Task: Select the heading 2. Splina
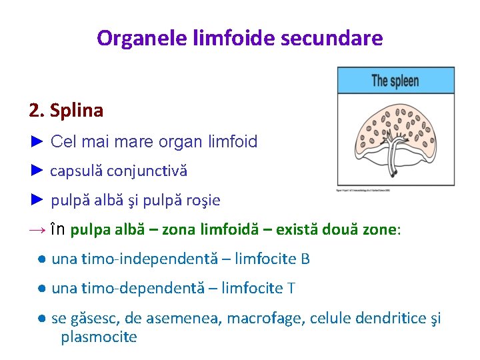[x=66, y=110]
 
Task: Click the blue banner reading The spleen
[x=395, y=81]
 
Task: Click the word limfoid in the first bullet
[x=230, y=141]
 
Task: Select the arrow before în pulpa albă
[x=37, y=230]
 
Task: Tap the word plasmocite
[x=99, y=337]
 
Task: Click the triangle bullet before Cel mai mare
[x=37, y=141]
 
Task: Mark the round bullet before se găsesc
[x=41, y=319]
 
